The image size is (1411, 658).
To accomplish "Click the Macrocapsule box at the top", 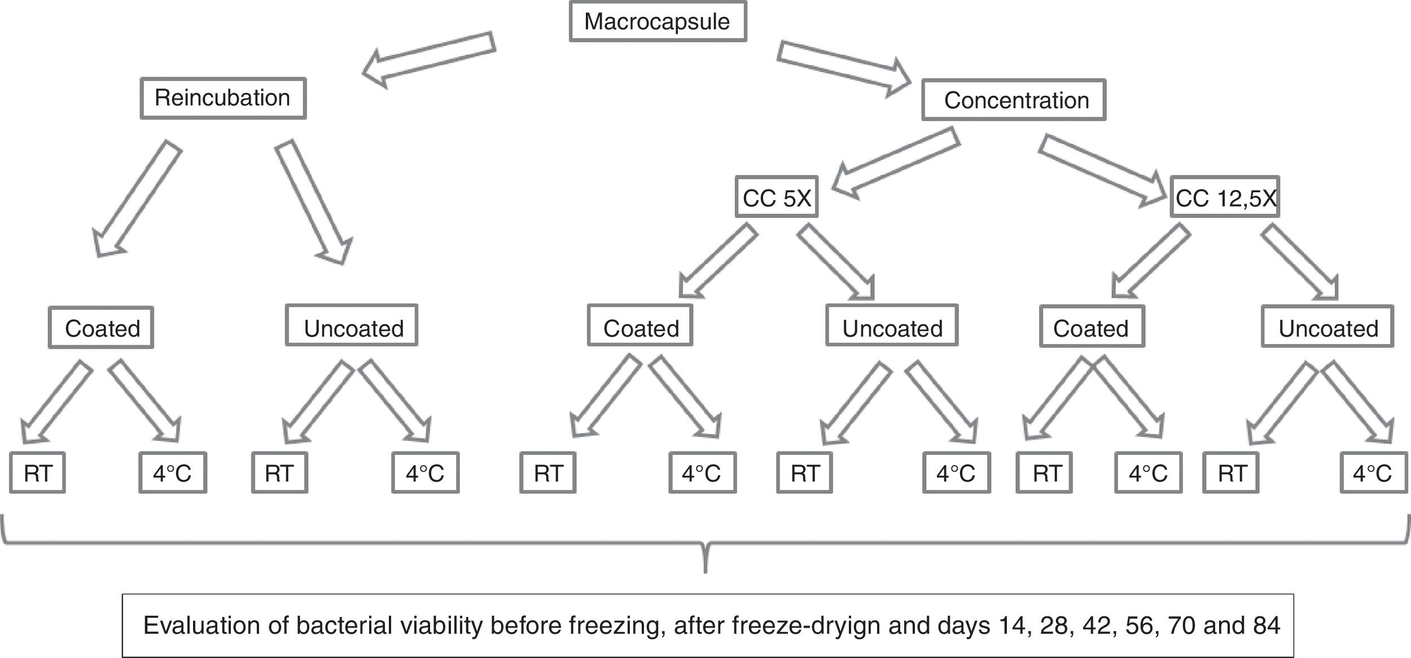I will point(658,21).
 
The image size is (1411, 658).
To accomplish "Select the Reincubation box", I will point(223,98).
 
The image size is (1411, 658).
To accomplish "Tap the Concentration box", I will point(1014,100).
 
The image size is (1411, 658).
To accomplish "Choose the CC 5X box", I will point(777,197).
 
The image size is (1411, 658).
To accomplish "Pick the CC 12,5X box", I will point(1225,197).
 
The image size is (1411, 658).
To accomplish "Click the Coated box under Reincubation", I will point(101,328).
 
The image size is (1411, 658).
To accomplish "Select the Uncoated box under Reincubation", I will point(352,325).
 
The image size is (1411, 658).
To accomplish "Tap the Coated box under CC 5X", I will point(640,325).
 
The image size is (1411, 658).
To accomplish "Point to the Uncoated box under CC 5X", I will point(892,325).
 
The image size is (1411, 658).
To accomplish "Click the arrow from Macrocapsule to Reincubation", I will point(429,59).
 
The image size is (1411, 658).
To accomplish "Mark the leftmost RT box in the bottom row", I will point(37,472).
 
